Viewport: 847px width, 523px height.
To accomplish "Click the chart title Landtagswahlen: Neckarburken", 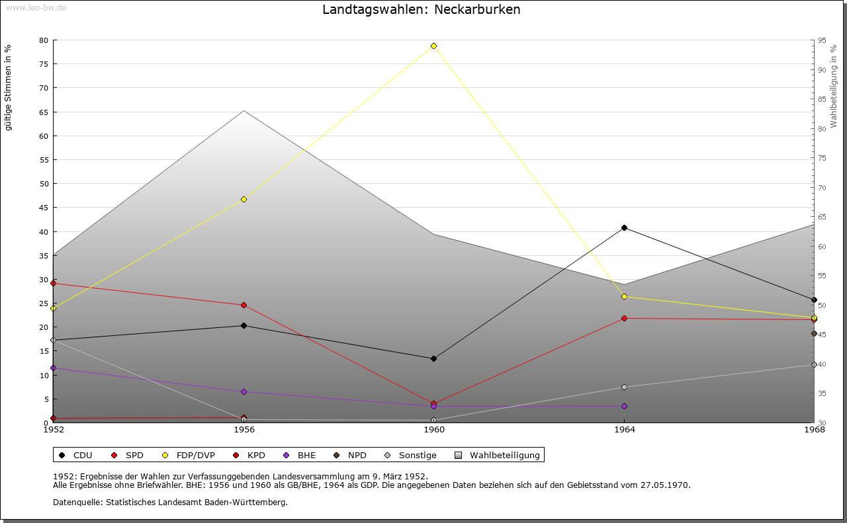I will point(422,10).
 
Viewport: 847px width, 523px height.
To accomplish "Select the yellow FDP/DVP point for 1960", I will point(433,46).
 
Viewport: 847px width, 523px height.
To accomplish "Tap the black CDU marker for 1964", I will point(624,228).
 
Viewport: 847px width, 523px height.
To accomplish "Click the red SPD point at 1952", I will point(54,284).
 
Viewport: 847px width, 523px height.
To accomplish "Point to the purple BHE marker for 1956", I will point(244,392).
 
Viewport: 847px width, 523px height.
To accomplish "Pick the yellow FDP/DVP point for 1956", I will point(244,199).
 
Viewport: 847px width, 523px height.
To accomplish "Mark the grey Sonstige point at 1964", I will point(624,387).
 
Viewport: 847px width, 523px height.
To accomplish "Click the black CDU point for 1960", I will point(433,359).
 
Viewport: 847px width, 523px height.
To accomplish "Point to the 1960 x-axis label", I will point(434,430).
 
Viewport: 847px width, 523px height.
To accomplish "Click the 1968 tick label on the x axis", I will point(814,430).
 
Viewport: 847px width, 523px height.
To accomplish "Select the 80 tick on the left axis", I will point(44,40).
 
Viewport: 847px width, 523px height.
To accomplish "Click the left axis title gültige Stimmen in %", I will point(9,87).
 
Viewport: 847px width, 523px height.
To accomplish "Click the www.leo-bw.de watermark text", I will point(35,6).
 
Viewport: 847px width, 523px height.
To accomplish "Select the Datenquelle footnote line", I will point(170,503).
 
